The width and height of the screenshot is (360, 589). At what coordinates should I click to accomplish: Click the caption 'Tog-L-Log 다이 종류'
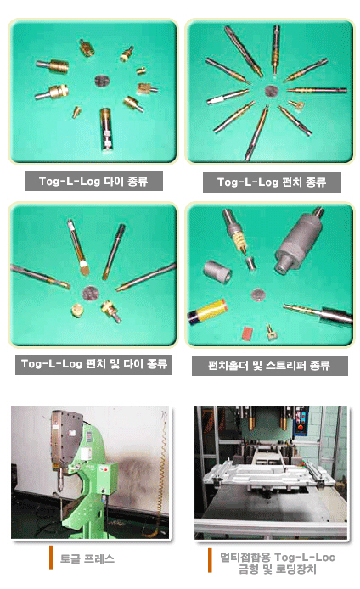coord(93,182)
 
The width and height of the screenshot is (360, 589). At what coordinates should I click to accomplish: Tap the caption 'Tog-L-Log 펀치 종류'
coord(272,182)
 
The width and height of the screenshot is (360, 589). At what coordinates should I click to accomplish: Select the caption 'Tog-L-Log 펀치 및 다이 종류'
coord(93,364)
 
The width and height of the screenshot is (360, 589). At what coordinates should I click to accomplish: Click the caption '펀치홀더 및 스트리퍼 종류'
coord(269,366)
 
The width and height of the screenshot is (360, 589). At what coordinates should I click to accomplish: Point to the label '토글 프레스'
coord(87,558)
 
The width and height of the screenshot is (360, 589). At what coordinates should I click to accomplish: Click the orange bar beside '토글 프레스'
coord(51,558)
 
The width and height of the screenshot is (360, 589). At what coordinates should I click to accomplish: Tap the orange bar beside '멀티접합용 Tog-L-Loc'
coord(211,560)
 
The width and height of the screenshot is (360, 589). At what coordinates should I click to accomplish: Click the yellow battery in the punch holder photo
coord(208,311)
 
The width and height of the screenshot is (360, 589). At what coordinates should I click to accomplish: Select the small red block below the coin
coord(247,333)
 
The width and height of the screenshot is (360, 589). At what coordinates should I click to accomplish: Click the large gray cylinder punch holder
coord(299,241)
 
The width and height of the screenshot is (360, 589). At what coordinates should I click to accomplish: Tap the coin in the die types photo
coord(101,81)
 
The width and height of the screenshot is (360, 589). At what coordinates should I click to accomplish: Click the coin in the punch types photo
coord(271,91)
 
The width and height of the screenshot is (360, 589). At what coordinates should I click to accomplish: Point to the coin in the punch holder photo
coord(257,294)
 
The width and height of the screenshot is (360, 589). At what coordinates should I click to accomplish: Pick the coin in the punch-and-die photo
coord(90,293)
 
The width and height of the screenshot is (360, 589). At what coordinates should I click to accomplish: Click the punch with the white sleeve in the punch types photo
coord(228,96)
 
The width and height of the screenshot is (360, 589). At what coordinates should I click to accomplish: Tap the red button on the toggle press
coord(105,469)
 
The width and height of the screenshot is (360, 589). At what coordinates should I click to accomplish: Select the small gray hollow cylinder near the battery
coord(217,272)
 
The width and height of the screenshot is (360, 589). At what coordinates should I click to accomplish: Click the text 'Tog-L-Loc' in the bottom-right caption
coord(304,557)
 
